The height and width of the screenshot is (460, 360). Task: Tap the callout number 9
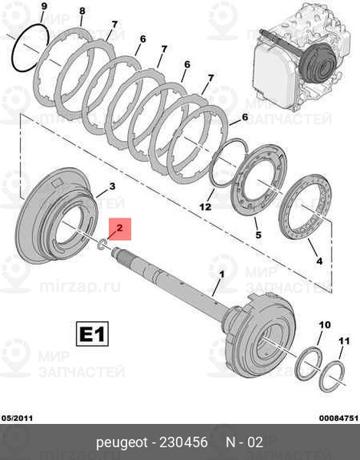tap(43, 7)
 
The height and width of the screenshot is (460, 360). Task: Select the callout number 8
tap(81, 12)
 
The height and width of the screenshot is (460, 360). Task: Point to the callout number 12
tap(205, 207)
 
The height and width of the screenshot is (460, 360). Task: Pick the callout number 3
tap(111, 186)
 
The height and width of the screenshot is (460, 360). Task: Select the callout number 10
tap(323, 325)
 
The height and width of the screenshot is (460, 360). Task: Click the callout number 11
tap(344, 340)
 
